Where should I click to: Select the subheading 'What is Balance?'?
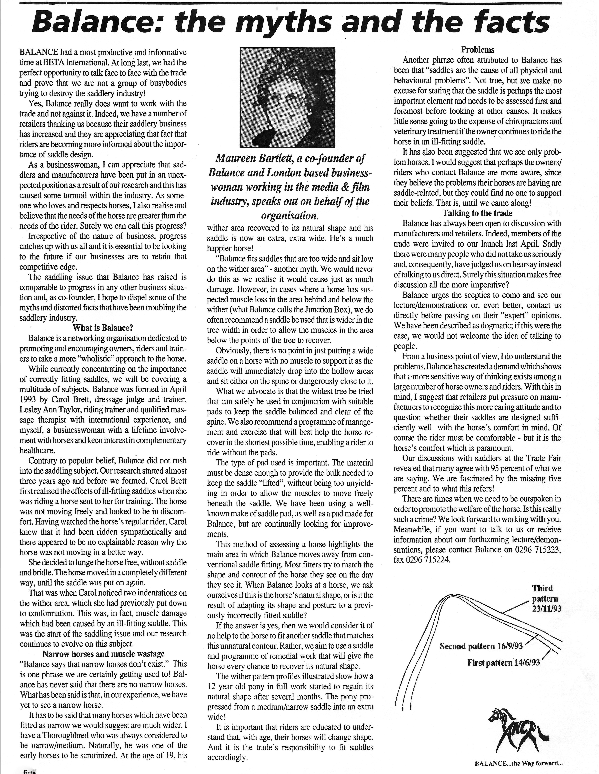(x=103, y=327)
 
